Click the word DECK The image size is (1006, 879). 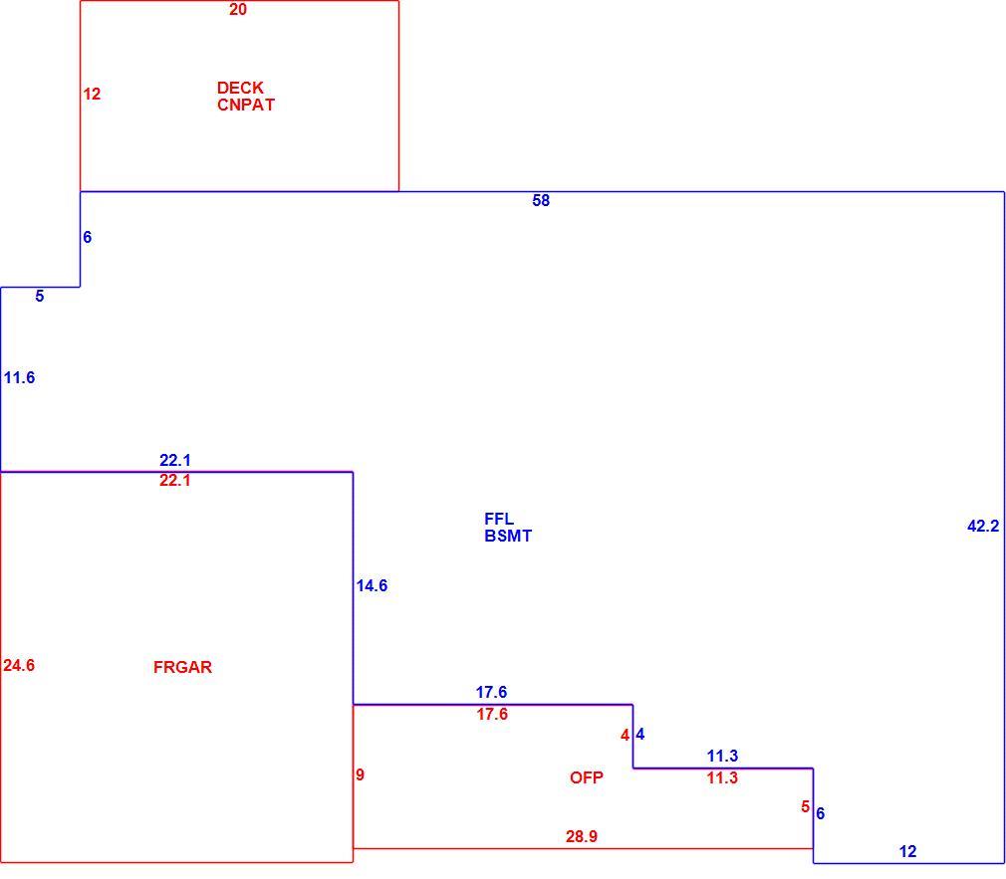click(240, 88)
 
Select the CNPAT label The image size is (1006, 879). click(246, 105)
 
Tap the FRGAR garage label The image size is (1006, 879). click(182, 667)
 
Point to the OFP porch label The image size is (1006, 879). click(587, 777)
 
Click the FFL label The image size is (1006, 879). click(499, 519)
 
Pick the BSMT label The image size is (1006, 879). click(508, 536)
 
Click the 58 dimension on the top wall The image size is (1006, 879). click(541, 201)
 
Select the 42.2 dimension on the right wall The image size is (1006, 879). click(983, 526)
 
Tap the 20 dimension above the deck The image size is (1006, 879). click(238, 10)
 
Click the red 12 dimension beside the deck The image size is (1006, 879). click(92, 95)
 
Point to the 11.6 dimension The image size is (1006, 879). click(19, 377)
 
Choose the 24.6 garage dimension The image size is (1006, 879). click(19, 666)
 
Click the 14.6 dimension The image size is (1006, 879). click(373, 585)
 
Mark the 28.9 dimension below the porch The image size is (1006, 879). click(582, 836)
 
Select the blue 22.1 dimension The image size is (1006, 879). click(175, 460)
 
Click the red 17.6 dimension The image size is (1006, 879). click(492, 714)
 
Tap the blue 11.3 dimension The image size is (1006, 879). click(722, 756)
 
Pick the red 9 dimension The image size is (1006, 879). click(360, 774)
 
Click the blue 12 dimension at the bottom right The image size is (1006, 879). click(907, 851)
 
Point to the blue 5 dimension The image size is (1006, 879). click(40, 297)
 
